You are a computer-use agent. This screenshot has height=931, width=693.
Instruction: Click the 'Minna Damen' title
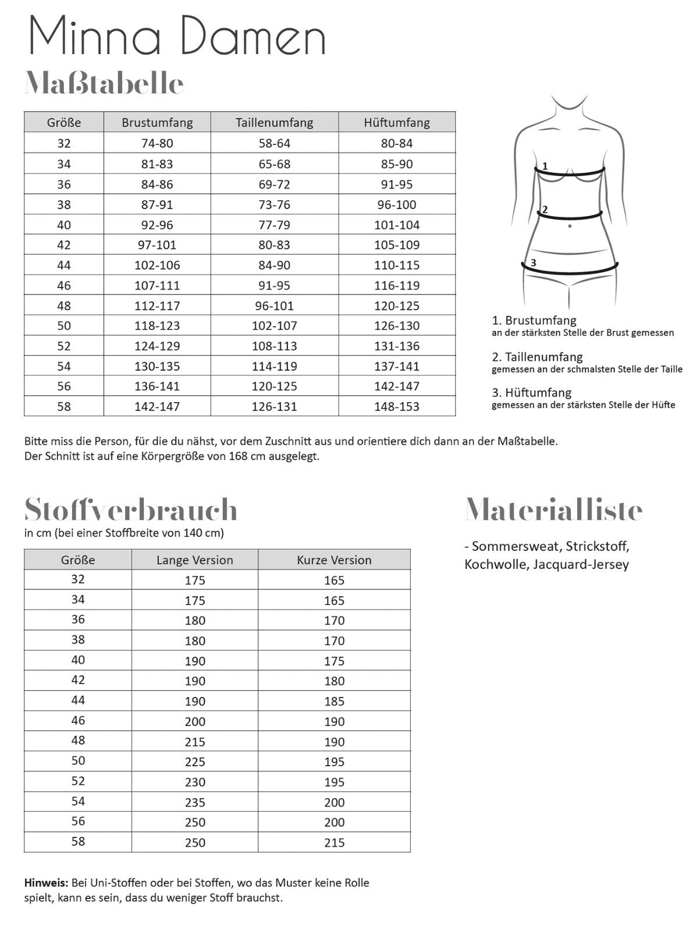pyautogui.click(x=177, y=36)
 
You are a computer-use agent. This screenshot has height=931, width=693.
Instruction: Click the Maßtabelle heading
pyautogui.click(x=104, y=84)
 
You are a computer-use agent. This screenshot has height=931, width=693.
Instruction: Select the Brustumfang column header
pyautogui.click(x=157, y=123)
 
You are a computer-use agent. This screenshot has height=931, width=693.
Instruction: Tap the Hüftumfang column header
pyautogui.click(x=397, y=123)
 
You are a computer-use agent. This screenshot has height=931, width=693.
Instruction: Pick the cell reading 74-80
pyautogui.click(x=157, y=143)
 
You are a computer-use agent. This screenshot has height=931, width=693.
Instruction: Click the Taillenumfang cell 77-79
pyautogui.click(x=274, y=225)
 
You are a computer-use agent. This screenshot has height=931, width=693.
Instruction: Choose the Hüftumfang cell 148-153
pyautogui.click(x=397, y=407)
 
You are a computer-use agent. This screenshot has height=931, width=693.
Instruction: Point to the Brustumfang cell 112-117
pyautogui.click(x=157, y=305)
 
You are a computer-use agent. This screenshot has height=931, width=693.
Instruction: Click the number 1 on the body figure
pyautogui.click(x=545, y=166)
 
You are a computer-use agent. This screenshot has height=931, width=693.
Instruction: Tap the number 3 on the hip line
pyautogui.click(x=533, y=263)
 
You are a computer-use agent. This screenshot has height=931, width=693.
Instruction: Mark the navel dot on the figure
pyautogui.click(x=570, y=226)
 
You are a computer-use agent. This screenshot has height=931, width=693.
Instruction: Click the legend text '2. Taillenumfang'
pyautogui.click(x=537, y=357)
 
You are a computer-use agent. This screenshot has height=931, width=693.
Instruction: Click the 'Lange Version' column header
pyautogui.click(x=194, y=560)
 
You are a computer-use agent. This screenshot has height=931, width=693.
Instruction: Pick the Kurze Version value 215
pyautogui.click(x=334, y=843)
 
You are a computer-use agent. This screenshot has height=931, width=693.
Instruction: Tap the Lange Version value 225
pyautogui.click(x=195, y=762)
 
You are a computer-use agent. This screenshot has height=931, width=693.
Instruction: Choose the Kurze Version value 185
pyautogui.click(x=334, y=701)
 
